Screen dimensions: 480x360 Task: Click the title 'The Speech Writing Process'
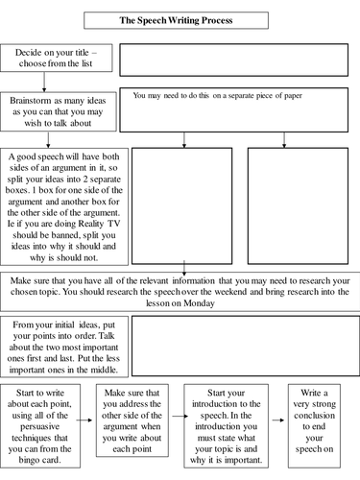[181, 19]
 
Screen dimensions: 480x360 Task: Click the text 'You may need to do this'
[201, 96]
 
